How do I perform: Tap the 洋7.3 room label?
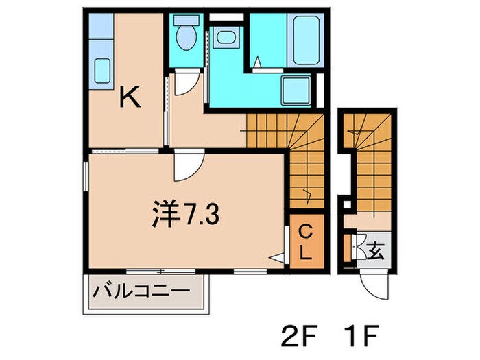pos(184,215)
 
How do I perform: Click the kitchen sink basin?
pos(102,70)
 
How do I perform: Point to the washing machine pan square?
pos(296,90)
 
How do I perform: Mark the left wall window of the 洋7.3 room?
pos(86,182)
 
